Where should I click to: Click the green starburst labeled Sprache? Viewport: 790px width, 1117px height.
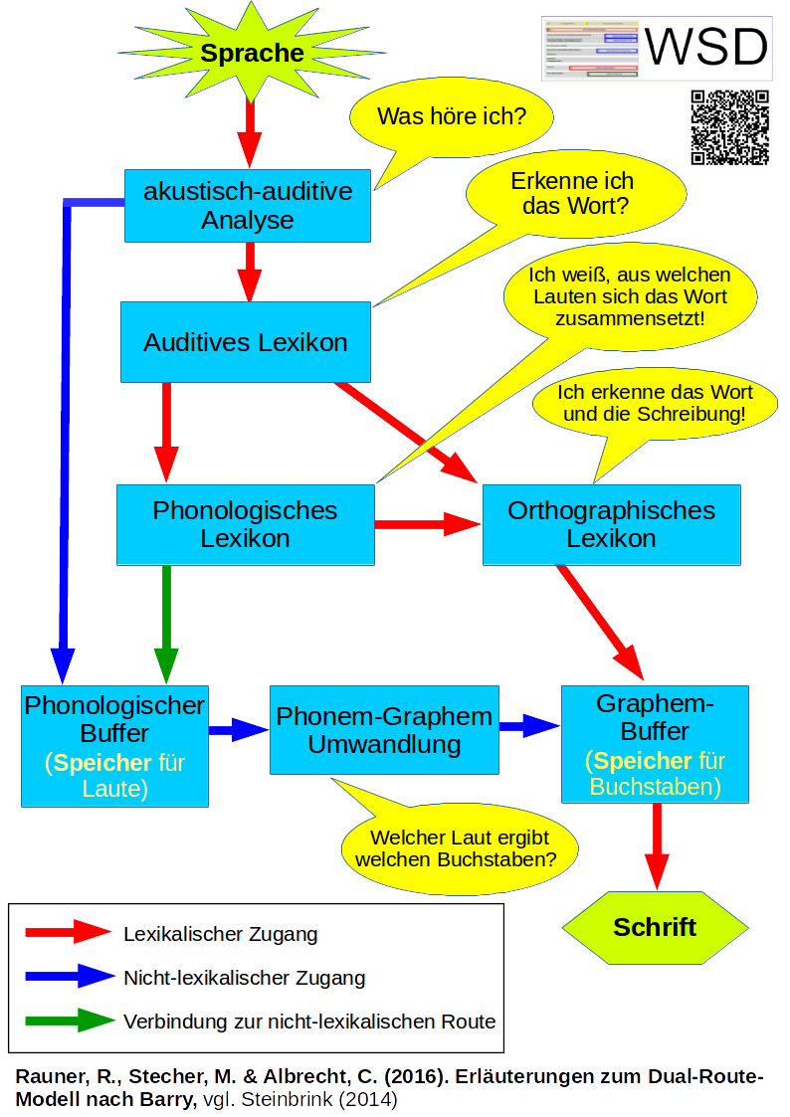[x=252, y=54]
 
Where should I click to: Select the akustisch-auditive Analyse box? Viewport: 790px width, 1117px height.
[x=247, y=205]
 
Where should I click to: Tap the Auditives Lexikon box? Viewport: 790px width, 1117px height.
[x=246, y=343]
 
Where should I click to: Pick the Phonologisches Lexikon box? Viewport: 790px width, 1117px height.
[x=245, y=524]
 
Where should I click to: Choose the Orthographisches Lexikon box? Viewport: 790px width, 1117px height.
[x=611, y=524]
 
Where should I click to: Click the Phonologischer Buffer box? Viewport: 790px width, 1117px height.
[x=114, y=746]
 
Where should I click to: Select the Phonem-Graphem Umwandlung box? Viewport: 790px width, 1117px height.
[x=384, y=730]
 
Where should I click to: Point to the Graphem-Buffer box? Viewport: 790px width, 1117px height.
[x=655, y=744]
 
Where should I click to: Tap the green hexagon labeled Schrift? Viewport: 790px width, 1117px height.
[x=655, y=927]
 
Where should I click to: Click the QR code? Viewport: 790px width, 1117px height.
[x=729, y=126]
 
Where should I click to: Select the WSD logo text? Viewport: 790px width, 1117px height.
[x=705, y=47]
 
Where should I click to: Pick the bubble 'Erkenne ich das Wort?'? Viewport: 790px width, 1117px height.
[x=576, y=194]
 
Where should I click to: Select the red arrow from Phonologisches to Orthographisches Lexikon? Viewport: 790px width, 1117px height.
[x=428, y=524]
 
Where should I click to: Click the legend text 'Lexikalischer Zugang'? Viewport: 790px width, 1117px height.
[x=220, y=934]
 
